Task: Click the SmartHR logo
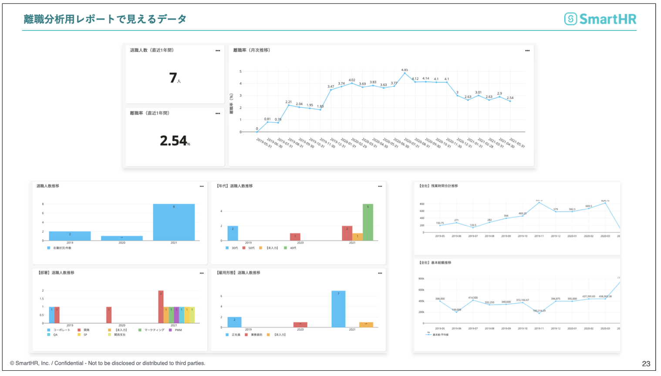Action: [x=600, y=19]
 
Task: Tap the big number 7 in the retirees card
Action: [x=173, y=78]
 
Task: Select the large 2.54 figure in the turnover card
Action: [x=173, y=141]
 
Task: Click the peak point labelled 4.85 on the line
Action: [x=405, y=74]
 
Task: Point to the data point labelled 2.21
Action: [x=288, y=105]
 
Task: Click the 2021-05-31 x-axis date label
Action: [x=517, y=143]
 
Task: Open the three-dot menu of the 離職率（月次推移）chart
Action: [x=527, y=51]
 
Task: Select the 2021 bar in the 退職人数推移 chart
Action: [x=174, y=222]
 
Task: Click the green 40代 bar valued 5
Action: [x=368, y=222]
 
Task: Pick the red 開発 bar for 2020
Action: [x=109, y=315]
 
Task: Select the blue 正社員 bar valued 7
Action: [x=338, y=309]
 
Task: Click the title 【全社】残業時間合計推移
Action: [x=438, y=186]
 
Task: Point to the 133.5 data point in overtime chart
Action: [x=473, y=228]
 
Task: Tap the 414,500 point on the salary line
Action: [x=473, y=300]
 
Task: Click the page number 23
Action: [x=646, y=364]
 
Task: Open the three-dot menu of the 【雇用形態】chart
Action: [x=380, y=273]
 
